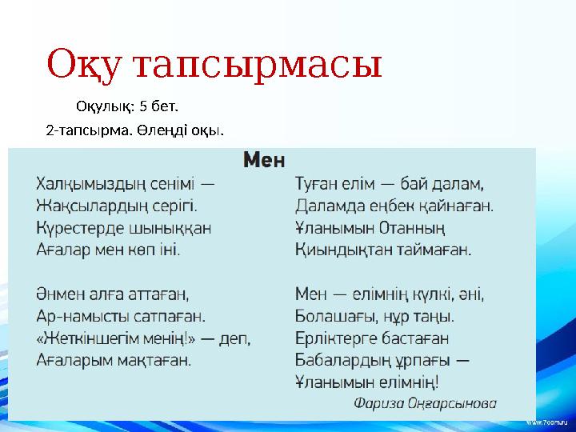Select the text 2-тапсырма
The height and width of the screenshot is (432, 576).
[x=80, y=129]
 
